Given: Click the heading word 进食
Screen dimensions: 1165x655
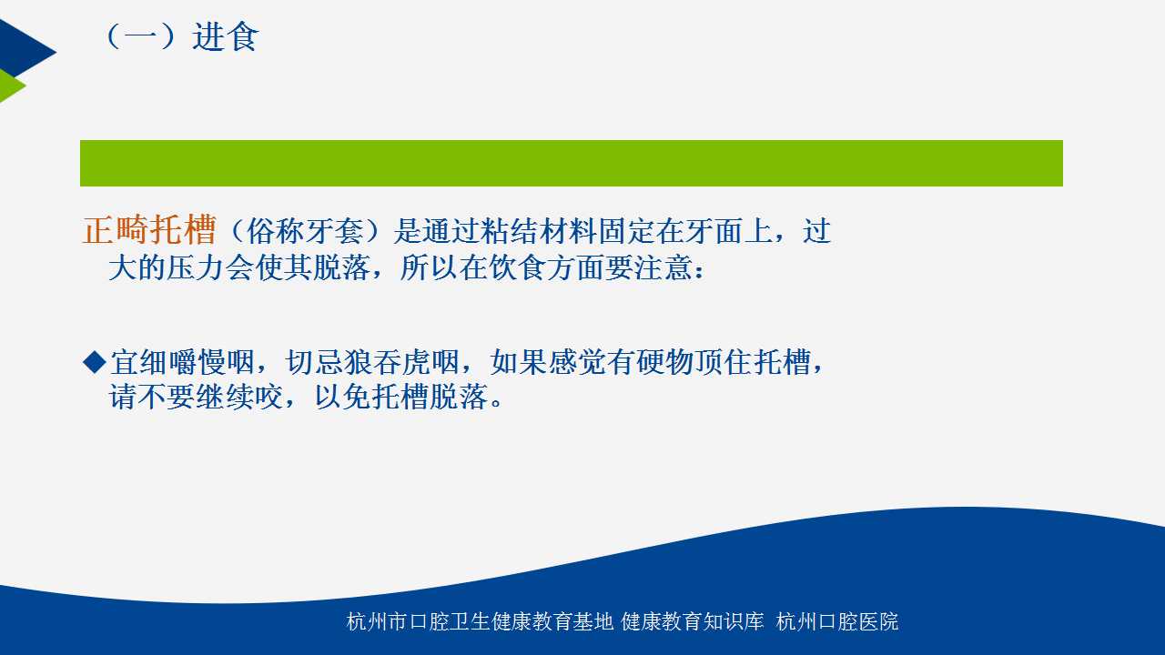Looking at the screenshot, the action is pos(225,37).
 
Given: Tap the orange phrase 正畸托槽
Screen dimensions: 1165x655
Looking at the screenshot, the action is pos(149,230).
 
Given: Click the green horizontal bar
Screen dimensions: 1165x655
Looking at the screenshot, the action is pos(571,163).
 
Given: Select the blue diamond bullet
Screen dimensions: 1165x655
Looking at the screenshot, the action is pos(95,362).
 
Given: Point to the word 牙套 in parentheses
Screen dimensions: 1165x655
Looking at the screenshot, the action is pos(333,231).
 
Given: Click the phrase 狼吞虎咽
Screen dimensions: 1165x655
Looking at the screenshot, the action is pos(401,362).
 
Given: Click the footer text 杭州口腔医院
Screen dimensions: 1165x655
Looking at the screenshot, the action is pos(837,621).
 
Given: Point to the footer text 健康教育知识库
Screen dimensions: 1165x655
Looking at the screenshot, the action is pos(693,621).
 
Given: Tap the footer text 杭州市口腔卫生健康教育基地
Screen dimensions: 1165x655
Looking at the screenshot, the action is pos(480,621).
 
